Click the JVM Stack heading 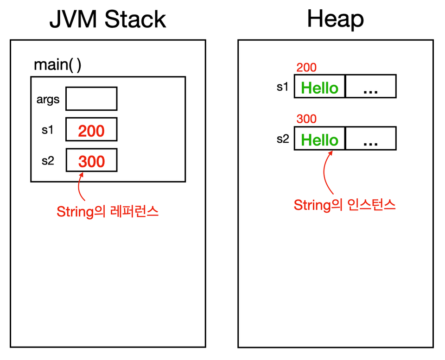pos(108,19)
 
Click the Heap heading pos(336,19)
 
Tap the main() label pos(57,65)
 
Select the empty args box pos(91,98)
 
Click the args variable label pos(48,100)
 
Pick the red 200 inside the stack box pos(91,131)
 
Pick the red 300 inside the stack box pos(92,161)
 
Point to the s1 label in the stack pos(47,130)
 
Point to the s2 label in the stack pos(48,161)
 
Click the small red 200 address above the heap pos(306,68)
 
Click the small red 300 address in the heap pos(306,119)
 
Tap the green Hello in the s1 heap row pos(319,88)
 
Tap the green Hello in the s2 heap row pos(319,140)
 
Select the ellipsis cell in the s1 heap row pos(371,86)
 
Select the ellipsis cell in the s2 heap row pos(371,138)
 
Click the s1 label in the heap pos(282,87)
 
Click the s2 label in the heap pos(283,139)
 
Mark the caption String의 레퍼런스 pos(108,212)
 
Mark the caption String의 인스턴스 pos(344,205)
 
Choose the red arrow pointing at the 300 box pos(79,186)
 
